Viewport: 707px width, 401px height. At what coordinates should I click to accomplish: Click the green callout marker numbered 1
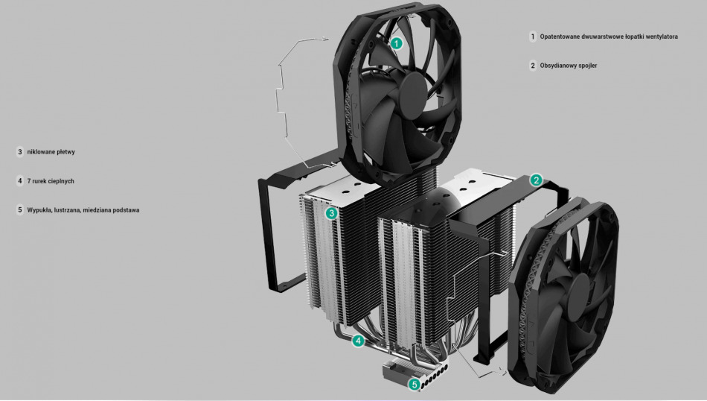click(397, 43)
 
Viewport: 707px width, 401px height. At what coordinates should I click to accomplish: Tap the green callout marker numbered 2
click(536, 180)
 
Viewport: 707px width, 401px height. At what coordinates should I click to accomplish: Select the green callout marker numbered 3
click(332, 213)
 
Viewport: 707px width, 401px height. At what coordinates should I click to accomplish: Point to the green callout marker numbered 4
click(358, 341)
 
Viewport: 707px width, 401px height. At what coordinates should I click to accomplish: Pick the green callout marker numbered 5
click(415, 385)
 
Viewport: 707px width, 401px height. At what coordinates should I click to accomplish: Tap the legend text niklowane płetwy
click(51, 151)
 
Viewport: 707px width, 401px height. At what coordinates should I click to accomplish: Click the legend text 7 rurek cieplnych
click(50, 181)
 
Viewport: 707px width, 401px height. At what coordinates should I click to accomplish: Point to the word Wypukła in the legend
click(39, 210)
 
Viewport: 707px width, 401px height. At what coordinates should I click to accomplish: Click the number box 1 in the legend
click(533, 36)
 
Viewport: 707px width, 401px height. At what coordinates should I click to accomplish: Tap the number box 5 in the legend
click(20, 210)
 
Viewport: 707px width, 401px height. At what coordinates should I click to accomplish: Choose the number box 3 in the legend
click(20, 151)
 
